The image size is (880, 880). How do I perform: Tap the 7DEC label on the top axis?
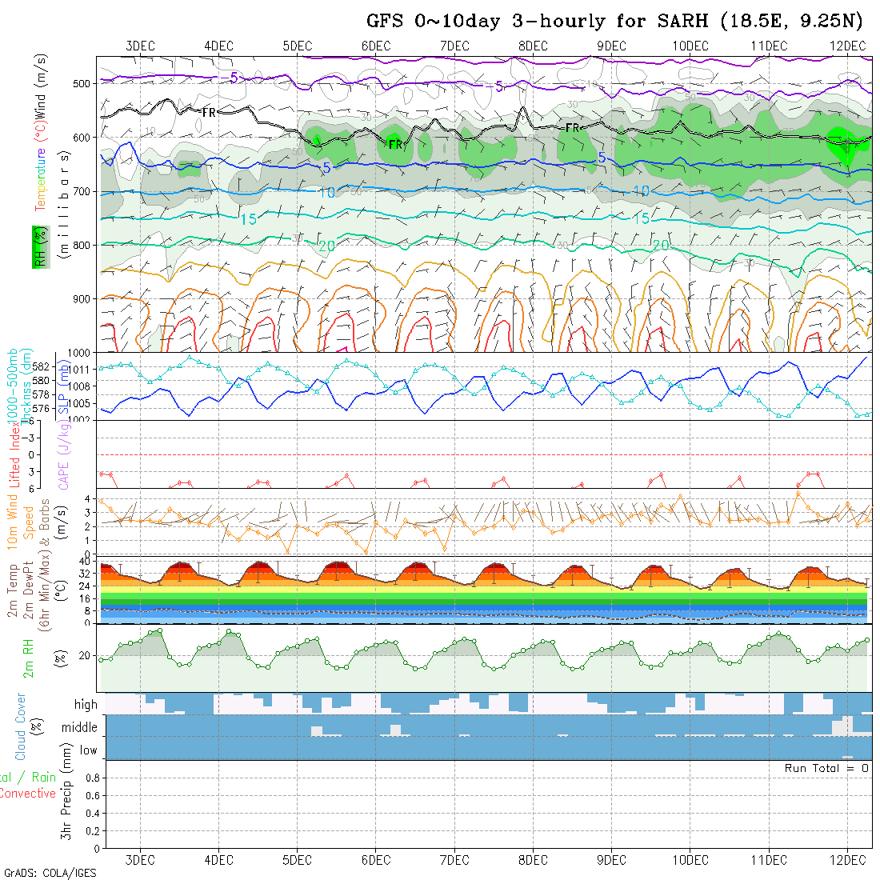point(454,46)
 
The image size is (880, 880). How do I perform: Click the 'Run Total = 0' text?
point(826,768)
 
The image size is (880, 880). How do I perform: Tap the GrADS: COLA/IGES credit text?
point(50,873)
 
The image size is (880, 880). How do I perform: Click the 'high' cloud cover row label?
point(86,705)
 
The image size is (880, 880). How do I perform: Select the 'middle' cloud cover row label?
point(80,727)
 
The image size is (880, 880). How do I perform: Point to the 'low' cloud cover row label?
point(88,750)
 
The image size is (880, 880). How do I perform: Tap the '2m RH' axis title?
point(29,658)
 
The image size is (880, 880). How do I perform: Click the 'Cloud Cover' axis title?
point(21,726)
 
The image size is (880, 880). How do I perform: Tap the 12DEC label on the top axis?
point(847,46)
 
